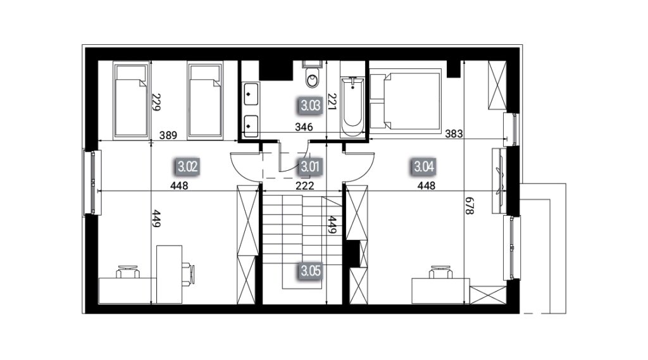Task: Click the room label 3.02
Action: [187, 168]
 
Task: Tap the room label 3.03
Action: [310, 106]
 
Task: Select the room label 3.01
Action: [310, 167]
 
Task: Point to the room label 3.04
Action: [424, 167]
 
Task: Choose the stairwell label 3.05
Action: [310, 271]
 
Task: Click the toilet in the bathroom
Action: [313, 75]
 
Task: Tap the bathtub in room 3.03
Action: [352, 107]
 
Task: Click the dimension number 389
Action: [168, 135]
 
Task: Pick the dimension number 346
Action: [304, 127]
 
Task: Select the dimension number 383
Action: [454, 133]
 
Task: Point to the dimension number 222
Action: [304, 186]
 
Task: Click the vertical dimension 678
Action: [470, 206]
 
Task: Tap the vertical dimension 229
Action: [156, 102]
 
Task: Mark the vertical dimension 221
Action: [332, 101]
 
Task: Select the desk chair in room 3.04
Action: [440, 273]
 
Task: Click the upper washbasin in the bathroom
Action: [251, 94]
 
